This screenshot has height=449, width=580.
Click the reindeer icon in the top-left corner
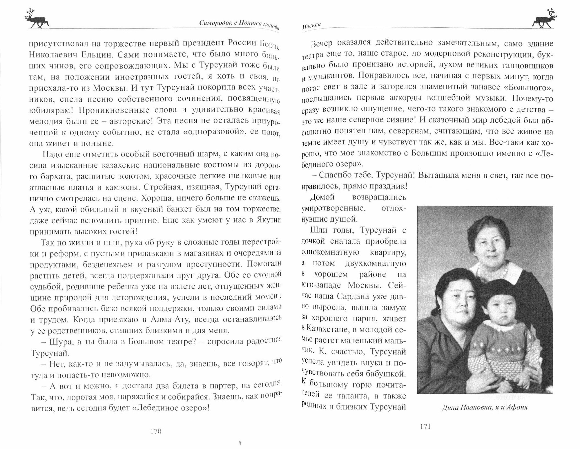(37, 19)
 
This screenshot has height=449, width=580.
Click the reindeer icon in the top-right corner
(543, 19)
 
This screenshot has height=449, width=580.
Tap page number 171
(425, 426)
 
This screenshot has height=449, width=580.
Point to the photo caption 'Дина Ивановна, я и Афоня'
(485, 407)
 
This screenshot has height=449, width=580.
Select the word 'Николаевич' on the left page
(50, 54)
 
